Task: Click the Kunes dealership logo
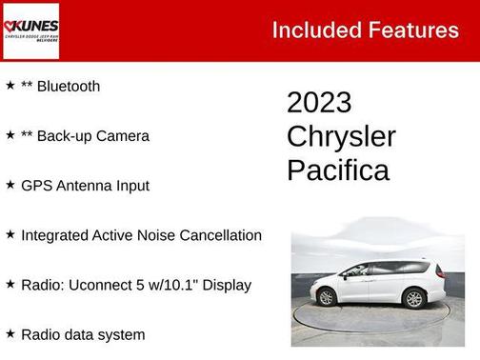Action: click(x=31, y=30)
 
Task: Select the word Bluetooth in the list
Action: click(x=68, y=86)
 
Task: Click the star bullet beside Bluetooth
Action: click(x=10, y=86)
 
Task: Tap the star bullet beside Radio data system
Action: click(x=10, y=333)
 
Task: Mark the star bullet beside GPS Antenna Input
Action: click(x=10, y=185)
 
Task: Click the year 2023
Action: click(x=319, y=102)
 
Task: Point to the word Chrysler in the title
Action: click(x=341, y=136)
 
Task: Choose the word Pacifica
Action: click(x=338, y=170)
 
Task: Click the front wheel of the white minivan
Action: click(x=327, y=298)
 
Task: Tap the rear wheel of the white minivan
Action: click(x=413, y=299)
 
